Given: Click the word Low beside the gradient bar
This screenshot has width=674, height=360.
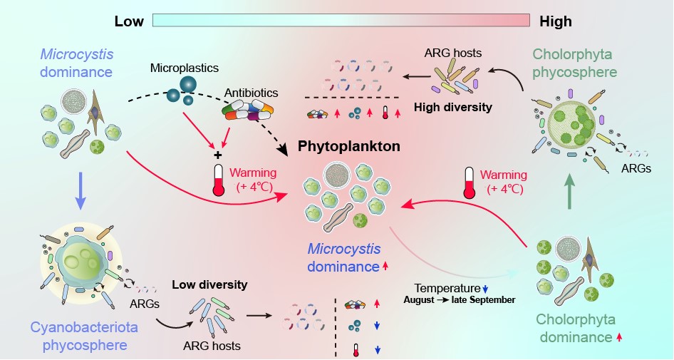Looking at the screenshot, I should [129, 21].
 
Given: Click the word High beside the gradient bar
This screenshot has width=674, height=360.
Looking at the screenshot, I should [555, 21].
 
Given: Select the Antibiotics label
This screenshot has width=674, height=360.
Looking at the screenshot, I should [252, 93].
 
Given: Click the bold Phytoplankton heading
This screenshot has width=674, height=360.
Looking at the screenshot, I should [349, 146].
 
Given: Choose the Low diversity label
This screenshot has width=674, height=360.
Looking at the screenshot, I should [209, 284].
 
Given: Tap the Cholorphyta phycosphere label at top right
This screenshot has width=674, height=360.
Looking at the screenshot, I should [574, 63].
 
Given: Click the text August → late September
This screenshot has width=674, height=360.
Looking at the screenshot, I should [459, 300].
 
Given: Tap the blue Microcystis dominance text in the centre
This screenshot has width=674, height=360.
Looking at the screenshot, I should [344, 258].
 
